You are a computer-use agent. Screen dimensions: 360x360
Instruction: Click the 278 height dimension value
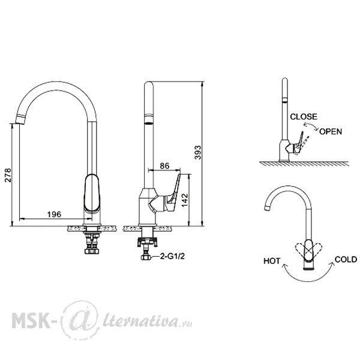pyautogui.click(x=8, y=175)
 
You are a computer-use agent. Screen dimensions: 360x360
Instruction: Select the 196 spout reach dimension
pyautogui.click(x=54, y=214)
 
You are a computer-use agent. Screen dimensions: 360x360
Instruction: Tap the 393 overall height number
pyautogui.click(x=197, y=152)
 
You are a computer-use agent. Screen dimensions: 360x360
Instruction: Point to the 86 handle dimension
pyautogui.click(x=164, y=166)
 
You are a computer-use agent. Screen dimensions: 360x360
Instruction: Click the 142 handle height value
pyautogui.click(x=185, y=200)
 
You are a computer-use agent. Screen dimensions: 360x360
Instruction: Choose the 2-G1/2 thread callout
pyautogui.click(x=172, y=256)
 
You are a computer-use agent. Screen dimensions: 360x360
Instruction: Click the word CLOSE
pyautogui.click(x=304, y=116)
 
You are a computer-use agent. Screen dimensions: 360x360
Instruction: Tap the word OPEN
pyautogui.click(x=331, y=131)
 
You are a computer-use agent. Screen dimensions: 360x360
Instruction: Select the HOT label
pyautogui.click(x=272, y=261)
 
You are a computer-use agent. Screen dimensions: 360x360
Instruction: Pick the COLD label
pyautogui.click(x=346, y=259)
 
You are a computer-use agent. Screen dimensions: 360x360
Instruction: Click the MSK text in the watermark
pyautogui.click(x=31, y=320)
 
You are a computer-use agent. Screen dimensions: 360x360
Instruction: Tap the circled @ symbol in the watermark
pyautogui.click(x=80, y=320)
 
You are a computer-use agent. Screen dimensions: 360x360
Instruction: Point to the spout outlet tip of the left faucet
pyautogui.click(x=20, y=121)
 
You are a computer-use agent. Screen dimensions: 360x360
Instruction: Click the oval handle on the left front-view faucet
pyautogui.click(x=92, y=193)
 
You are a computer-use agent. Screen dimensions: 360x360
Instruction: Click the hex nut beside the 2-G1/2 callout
pyautogui.click(x=146, y=257)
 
